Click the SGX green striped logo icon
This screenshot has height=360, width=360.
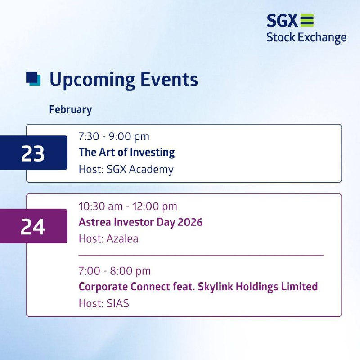tap(307, 20)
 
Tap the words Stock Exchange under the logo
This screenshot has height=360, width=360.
tap(306, 38)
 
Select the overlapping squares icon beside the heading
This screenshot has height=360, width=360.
tap(33, 79)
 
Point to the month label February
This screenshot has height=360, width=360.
tap(71, 110)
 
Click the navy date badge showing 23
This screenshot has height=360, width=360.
tap(34, 153)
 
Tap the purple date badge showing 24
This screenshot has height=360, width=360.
tap(34, 226)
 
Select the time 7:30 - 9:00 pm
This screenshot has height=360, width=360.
tap(114, 137)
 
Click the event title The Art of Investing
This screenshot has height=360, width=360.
tap(127, 153)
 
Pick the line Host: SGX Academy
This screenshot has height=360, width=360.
tap(126, 170)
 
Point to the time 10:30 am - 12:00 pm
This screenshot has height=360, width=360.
tap(128, 207)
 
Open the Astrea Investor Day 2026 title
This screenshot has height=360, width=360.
tap(140, 222)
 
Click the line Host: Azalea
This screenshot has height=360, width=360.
tap(108, 239)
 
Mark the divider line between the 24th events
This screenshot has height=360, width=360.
tap(201, 255)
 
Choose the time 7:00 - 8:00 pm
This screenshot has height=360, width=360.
tap(115, 271)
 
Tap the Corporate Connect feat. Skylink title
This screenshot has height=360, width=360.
tap(198, 287)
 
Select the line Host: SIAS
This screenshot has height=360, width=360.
tap(104, 303)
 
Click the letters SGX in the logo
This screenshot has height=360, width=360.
tap(282, 21)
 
